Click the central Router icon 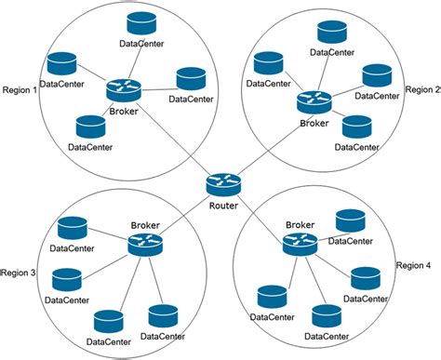pos(223,184)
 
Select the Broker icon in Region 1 pos(122,89)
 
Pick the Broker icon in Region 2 pos(314,102)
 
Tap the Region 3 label pos(19,273)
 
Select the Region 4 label pos(414,265)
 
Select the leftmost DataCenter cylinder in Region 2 pos(268,64)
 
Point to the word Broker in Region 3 pos(146,225)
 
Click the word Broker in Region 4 pos(300,224)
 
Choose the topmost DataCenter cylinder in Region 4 pos(350,220)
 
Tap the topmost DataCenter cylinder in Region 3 pos(71,229)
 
